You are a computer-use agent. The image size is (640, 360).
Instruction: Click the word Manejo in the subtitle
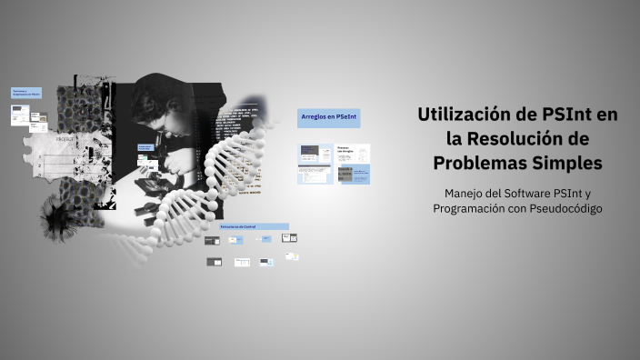466,193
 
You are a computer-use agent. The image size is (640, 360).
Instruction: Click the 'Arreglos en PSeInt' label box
328,117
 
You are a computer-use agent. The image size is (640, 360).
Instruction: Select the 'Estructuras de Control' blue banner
253,225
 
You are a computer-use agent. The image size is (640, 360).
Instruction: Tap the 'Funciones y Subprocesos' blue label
25,93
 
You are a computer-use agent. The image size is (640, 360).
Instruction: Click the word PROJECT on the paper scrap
66,140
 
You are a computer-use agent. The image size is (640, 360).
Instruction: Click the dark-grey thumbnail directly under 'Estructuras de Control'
212,240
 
